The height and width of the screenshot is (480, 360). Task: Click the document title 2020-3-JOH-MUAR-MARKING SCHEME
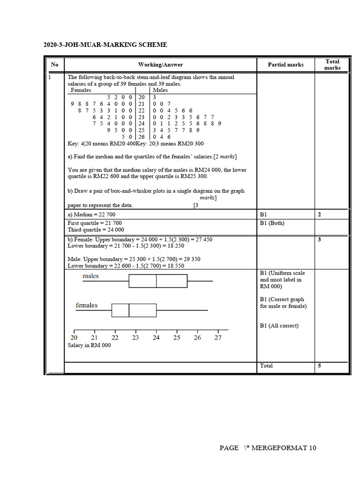tap(105, 45)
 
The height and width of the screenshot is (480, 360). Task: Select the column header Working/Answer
tap(160, 65)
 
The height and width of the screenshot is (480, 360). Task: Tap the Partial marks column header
tap(285, 65)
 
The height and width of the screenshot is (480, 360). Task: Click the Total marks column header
tap(332, 65)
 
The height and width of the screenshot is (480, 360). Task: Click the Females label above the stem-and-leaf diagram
tap(81, 90)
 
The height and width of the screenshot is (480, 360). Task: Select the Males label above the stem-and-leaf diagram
tap(160, 90)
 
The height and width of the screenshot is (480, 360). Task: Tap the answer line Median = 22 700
tap(91, 214)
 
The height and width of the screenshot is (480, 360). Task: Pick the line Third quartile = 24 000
tap(96, 230)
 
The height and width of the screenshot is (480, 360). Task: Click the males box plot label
tap(90, 276)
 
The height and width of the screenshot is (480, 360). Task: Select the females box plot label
tap(87, 306)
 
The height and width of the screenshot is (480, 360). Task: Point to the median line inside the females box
tap(129, 310)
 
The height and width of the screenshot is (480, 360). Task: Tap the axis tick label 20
tap(74, 337)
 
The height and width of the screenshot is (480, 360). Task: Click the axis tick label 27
tap(218, 337)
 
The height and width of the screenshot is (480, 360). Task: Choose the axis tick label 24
tap(156, 337)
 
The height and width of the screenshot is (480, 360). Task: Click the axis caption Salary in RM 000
tap(90, 345)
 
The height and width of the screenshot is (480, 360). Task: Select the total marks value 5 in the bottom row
tap(320, 366)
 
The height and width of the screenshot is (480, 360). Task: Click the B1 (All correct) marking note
tap(279, 326)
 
